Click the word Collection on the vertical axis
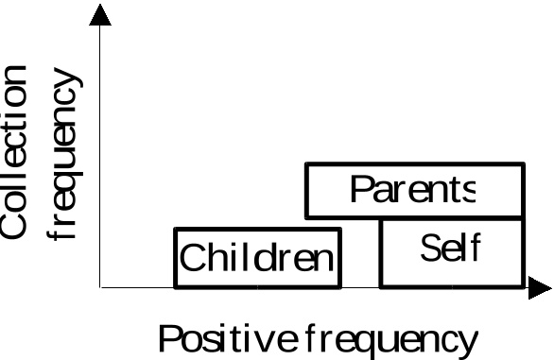pos(13,152)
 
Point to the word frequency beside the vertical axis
pos(64,154)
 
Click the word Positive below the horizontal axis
pos(228,338)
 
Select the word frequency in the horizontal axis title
pos(390,341)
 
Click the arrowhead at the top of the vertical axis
pos(100,15)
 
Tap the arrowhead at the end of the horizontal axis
pos(540,288)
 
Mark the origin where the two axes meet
pos(100,287)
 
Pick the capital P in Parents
pos(361,189)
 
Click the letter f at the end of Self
pos(476,247)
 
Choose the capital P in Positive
pos(170,338)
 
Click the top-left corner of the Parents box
pos(306,163)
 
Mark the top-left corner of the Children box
pos(175,229)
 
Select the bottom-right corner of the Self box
pos(524,287)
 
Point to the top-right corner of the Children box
pos(340,229)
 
